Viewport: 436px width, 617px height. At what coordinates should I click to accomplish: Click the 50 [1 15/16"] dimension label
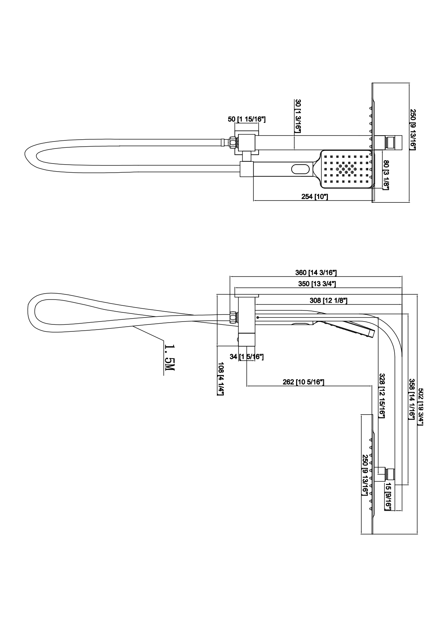click(x=247, y=120)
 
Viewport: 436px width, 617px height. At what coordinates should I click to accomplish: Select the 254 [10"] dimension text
click(x=314, y=197)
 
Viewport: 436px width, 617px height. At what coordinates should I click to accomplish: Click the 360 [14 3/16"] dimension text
click(x=316, y=272)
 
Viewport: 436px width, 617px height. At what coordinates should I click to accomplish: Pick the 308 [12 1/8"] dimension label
click(x=328, y=301)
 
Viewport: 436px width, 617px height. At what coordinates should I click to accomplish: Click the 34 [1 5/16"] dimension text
click(x=247, y=357)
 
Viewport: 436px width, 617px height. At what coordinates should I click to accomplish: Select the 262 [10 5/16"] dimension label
click(x=303, y=382)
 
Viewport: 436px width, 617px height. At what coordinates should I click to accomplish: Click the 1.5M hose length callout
click(x=169, y=357)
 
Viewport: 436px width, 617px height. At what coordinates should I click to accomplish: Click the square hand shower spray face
click(x=346, y=169)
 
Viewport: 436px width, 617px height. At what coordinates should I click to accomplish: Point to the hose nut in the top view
click(x=233, y=141)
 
